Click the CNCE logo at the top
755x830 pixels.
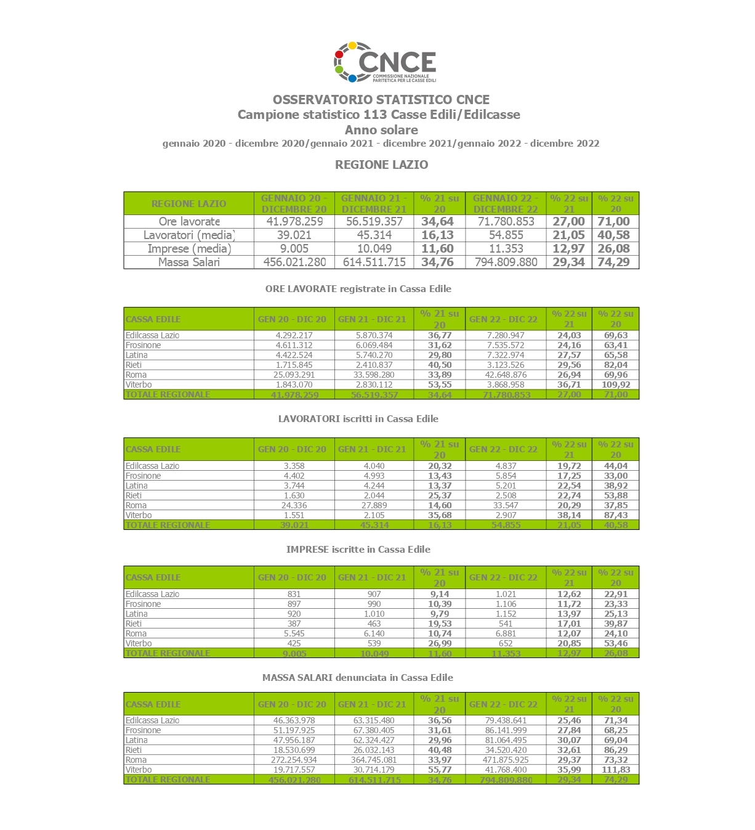(x=385, y=62)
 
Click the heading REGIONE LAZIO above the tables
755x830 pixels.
(x=381, y=165)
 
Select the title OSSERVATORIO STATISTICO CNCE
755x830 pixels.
(x=381, y=100)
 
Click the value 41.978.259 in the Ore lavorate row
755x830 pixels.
(x=294, y=221)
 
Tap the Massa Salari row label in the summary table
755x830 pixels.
(x=188, y=262)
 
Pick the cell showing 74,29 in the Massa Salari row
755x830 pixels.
(x=613, y=262)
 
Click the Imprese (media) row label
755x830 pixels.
(x=189, y=248)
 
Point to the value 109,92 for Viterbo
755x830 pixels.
(x=616, y=384)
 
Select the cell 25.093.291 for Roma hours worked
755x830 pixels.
(x=294, y=375)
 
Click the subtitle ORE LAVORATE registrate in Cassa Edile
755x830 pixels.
(x=358, y=288)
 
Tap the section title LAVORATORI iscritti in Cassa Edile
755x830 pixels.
(x=358, y=419)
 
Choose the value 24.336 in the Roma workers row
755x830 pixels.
(x=294, y=505)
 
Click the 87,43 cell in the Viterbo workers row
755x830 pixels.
(x=616, y=515)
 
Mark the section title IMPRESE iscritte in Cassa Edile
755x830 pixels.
(x=358, y=550)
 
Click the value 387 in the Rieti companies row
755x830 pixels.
(x=294, y=624)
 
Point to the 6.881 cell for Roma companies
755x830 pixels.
(x=506, y=633)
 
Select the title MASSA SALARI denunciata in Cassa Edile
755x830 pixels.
(x=358, y=678)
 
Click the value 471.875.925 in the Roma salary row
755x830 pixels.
(x=506, y=760)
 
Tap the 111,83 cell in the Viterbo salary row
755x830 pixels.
(x=616, y=770)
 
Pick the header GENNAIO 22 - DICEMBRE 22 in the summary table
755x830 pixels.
(x=506, y=203)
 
